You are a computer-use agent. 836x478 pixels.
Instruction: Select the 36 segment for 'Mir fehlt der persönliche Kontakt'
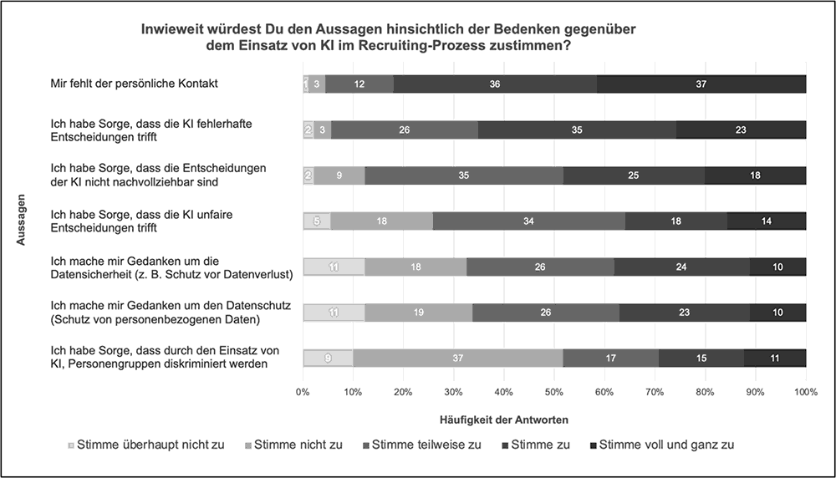tap(495, 84)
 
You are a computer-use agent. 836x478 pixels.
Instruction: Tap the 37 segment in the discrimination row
tap(457, 358)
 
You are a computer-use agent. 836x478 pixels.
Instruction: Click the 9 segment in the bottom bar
tap(328, 358)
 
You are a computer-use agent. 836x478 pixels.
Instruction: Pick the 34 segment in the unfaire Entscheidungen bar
tap(528, 221)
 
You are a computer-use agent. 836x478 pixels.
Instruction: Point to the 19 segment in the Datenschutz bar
tap(418, 313)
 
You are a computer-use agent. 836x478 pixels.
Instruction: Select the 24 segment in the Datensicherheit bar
tap(681, 267)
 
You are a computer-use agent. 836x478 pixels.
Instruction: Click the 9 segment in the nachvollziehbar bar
tap(339, 175)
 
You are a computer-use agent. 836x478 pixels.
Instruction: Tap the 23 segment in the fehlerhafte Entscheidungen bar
tap(741, 130)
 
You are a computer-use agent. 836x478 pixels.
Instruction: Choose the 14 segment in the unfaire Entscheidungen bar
tap(767, 221)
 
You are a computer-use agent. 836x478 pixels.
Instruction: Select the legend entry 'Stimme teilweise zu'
tap(426, 445)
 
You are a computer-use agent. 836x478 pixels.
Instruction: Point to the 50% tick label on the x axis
tap(553, 391)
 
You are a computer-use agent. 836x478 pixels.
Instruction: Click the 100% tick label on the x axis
tap(805, 391)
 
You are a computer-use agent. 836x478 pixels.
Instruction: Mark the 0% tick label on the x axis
tap(303, 391)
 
